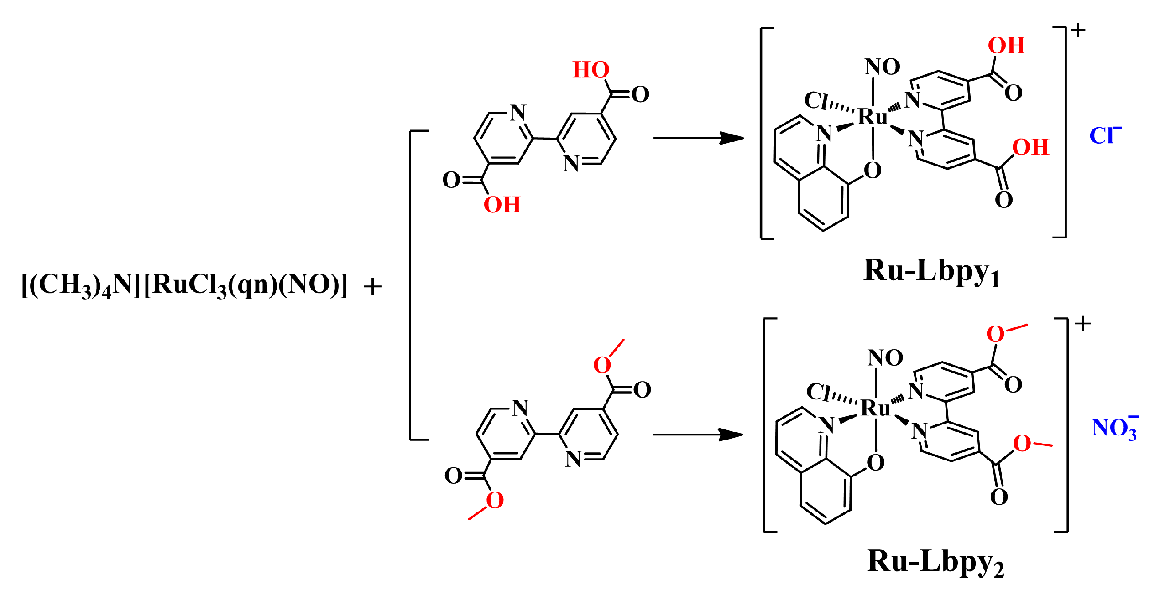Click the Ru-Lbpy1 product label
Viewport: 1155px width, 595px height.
click(931, 272)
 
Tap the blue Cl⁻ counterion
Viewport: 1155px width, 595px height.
click(1104, 135)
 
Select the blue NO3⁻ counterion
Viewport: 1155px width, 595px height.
click(1114, 429)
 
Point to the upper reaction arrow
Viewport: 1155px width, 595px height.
click(698, 138)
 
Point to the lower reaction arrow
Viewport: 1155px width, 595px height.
click(697, 435)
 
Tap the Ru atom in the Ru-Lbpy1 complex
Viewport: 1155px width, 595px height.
click(872, 117)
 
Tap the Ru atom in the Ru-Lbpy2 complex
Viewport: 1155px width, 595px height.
click(875, 408)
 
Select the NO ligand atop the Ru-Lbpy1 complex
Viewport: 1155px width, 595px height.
click(882, 67)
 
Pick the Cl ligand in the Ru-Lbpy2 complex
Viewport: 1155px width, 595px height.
click(818, 392)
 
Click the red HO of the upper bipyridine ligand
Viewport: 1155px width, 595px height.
click(591, 70)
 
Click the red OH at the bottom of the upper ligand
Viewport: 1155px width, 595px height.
click(502, 205)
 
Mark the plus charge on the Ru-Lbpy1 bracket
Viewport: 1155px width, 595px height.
click(1078, 31)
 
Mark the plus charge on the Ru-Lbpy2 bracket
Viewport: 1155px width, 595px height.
click(1082, 324)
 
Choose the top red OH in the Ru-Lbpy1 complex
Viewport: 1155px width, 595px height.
click(1006, 46)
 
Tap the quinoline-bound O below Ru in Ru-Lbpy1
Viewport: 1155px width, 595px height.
click(872, 171)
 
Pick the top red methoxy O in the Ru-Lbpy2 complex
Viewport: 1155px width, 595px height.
click(995, 334)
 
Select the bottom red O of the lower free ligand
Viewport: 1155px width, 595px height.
click(495, 501)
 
